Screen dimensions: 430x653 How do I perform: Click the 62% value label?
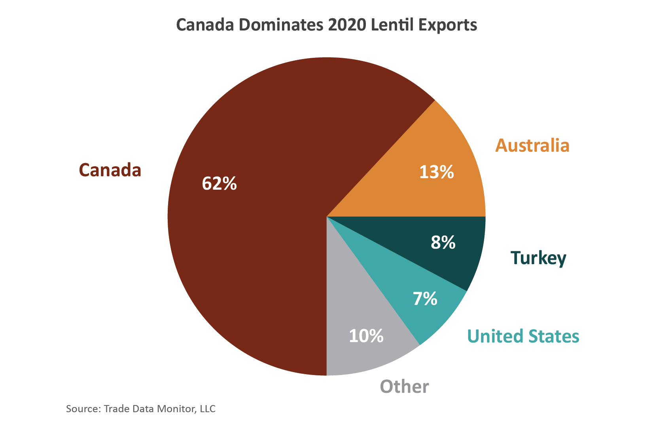[219, 183]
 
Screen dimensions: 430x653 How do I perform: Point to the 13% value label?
[436, 172]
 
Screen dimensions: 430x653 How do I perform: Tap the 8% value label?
[443, 242]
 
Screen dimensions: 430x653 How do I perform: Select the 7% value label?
[425, 299]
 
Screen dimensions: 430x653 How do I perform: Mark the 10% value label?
[366, 336]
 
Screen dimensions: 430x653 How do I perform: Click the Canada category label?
[110, 170]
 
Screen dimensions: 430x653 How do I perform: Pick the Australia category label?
[532, 145]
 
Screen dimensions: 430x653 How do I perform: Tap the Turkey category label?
[538, 258]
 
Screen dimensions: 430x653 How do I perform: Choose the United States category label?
[523, 336]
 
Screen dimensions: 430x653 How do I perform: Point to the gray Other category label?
[404, 386]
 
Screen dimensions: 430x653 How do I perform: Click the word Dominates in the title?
[281, 25]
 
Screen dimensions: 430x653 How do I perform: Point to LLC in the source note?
[207, 409]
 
